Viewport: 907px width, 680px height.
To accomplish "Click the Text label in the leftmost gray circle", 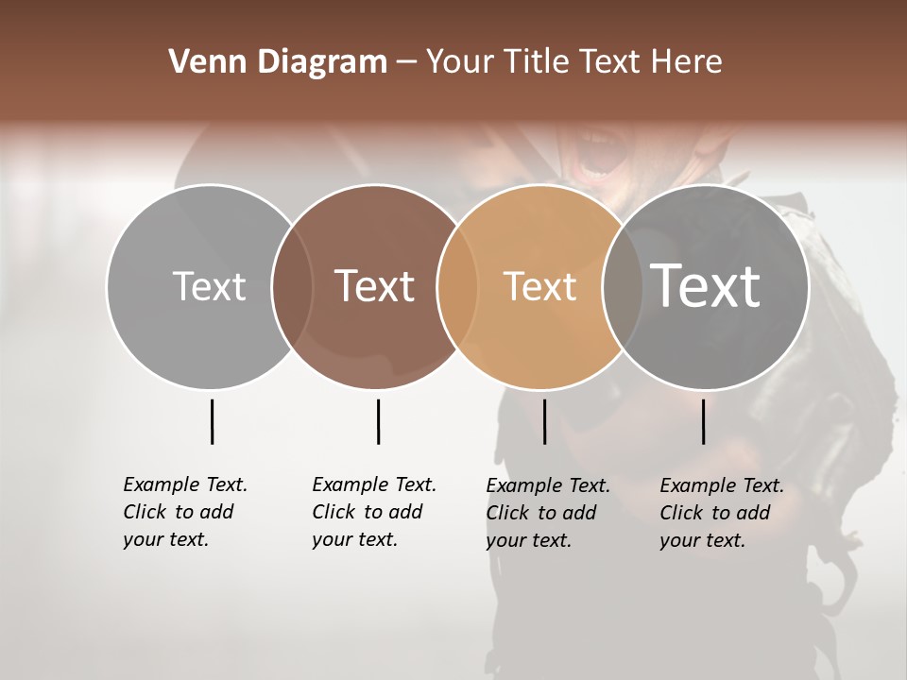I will click(x=209, y=286).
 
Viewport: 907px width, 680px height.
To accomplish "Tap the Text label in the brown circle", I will click(x=374, y=286).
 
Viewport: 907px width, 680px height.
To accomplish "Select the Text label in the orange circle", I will click(x=539, y=286).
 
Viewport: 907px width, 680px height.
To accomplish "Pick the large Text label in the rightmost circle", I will click(x=706, y=286).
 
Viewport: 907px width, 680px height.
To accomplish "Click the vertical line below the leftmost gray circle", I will click(x=212, y=421).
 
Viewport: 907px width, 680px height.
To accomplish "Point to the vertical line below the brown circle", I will click(x=378, y=421).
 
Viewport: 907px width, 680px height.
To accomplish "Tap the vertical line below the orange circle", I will click(x=544, y=421).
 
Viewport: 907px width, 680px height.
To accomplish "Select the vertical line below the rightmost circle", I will click(x=704, y=421).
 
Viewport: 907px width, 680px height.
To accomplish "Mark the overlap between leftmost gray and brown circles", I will click(x=292, y=286).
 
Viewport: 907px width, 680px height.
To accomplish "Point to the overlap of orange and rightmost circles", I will click(x=617, y=286).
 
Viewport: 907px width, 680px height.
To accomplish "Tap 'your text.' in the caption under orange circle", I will click(x=528, y=540).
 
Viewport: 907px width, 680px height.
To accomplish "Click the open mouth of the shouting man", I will click(x=601, y=161).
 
